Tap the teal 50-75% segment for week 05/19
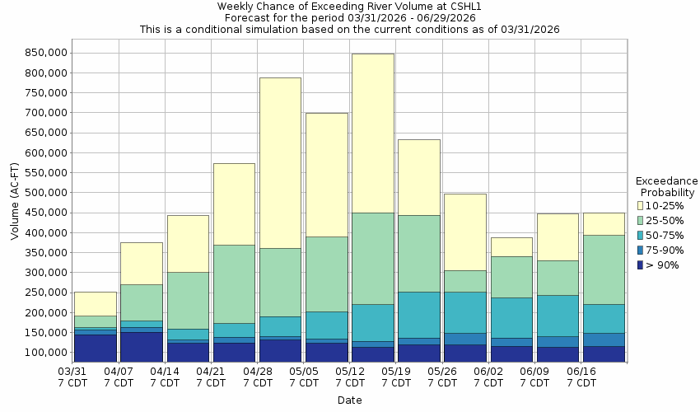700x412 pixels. (418, 314)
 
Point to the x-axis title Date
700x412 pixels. (349, 400)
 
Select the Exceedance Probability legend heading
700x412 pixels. (666, 186)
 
